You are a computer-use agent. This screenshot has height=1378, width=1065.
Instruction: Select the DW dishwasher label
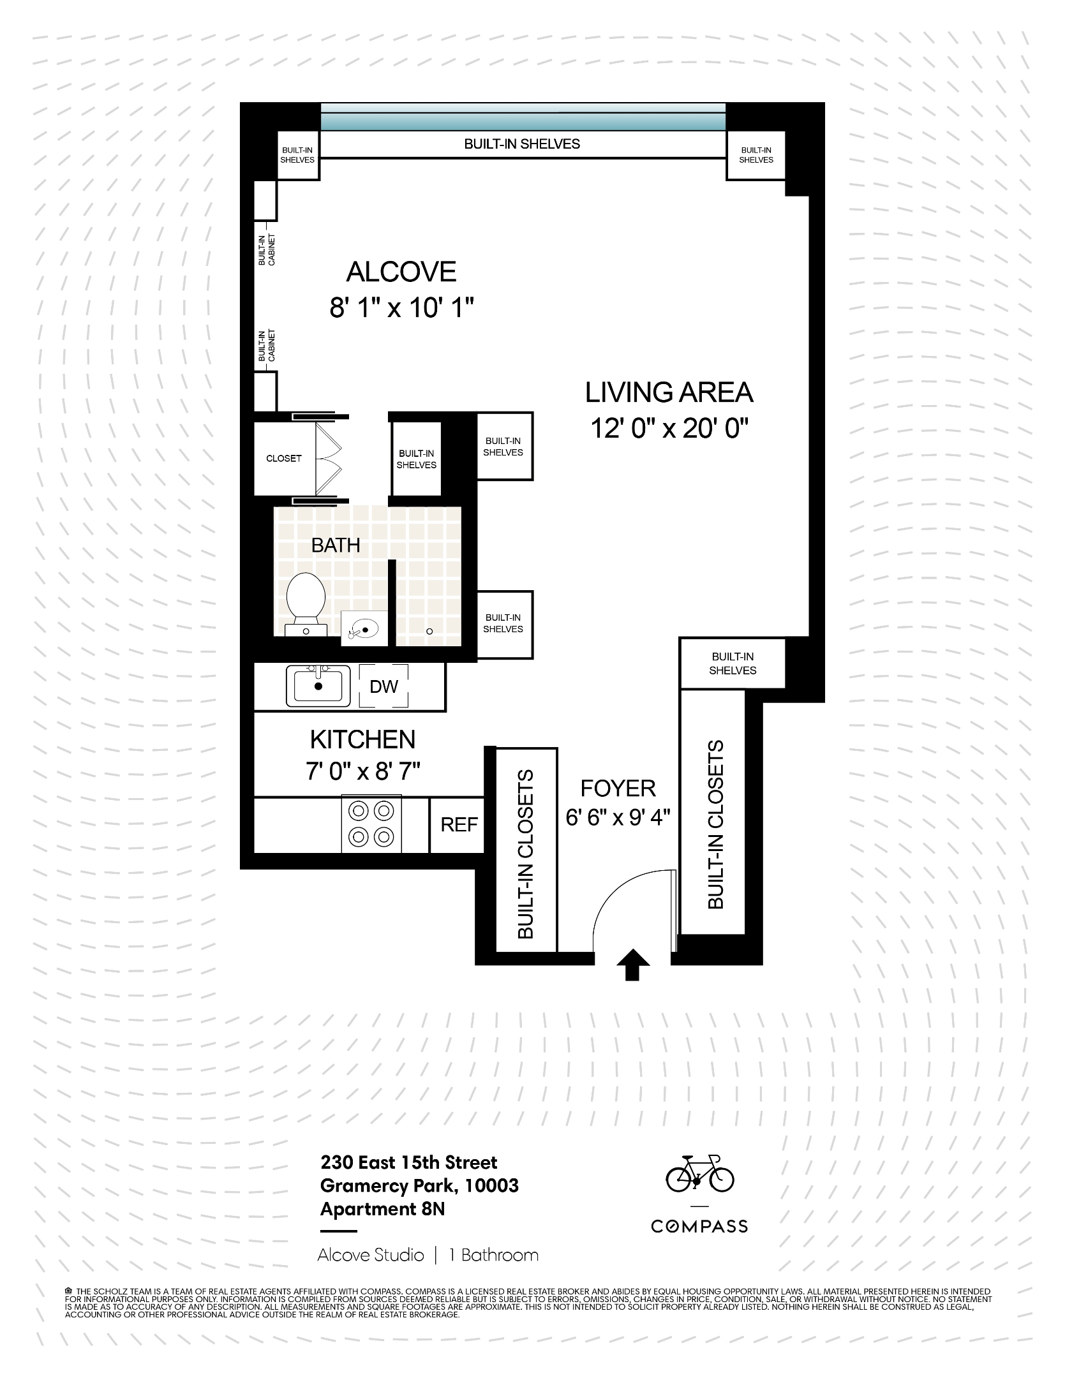[x=384, y=686]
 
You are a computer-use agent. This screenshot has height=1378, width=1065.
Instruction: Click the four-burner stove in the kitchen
[x=371, y=823]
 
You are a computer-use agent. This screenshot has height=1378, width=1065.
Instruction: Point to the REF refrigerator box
[x=458, y=824]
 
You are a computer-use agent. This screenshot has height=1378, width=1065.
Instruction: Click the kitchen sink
[x=318, y=686]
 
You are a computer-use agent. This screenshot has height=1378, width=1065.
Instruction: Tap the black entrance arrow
[x=632, y=964]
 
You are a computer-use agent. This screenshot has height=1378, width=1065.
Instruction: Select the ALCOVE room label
[x=401, y=272]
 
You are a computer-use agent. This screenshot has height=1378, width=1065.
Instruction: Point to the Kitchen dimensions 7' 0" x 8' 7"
[x=362, y=772]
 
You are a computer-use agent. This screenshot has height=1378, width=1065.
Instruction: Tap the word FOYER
[x=618, y=789]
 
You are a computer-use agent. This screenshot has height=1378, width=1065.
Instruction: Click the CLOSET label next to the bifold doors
[x=283, y=458]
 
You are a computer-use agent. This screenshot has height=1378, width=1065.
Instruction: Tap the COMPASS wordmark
[x=699, y=1226]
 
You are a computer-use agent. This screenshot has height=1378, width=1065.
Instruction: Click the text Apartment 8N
[x=382, y=1208]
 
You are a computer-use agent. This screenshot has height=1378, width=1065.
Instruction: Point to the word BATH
[x=336, y=545]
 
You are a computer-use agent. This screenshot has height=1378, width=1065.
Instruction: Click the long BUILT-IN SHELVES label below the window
[x=522, y=144]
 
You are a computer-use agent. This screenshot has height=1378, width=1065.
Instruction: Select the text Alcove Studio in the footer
[x=371, y=1255]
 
